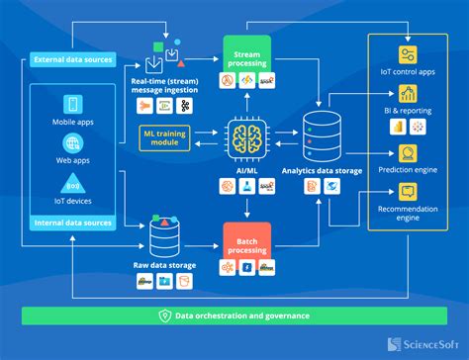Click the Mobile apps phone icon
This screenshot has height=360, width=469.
tap(72, 104)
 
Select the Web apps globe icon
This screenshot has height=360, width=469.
tap(72, 143)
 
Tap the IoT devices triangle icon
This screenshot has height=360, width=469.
tap(72, 184)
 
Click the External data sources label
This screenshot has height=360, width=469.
tap(72, 59)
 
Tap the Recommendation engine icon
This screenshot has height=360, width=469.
tap(407, 194)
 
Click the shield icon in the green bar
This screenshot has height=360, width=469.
tap(164, 315)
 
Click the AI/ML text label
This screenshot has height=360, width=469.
tap(245, 170)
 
